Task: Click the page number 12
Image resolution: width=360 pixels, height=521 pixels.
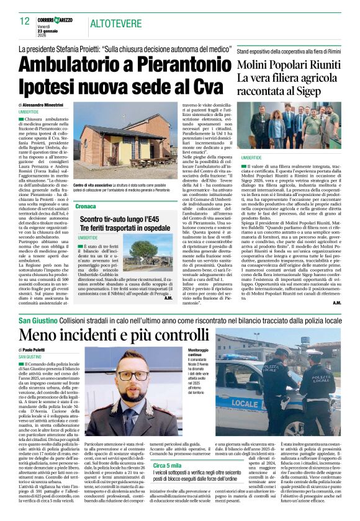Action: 25,21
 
